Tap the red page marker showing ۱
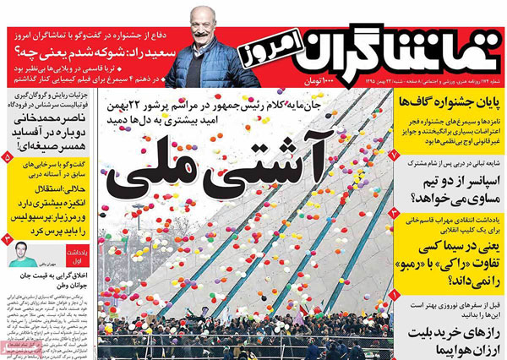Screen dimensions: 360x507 [395, 295]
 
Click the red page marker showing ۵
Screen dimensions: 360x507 [8, 156]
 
